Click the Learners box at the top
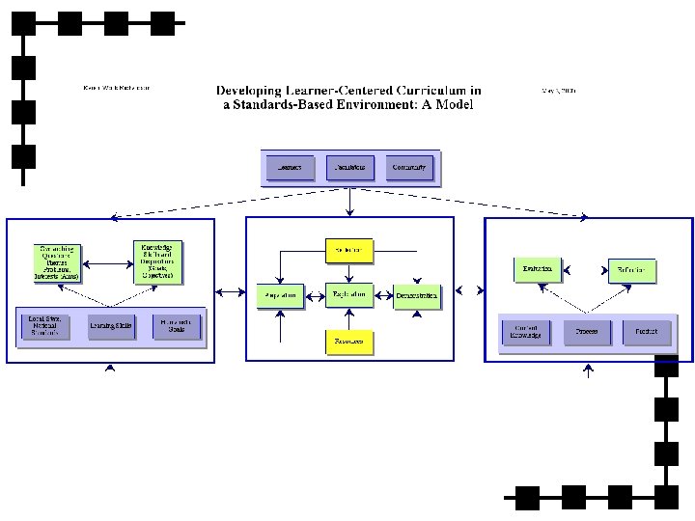coord(291,168)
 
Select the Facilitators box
coord(349,168)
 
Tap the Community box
coord(409,168)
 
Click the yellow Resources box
coord(348,342)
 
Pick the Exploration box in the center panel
coord(348,293)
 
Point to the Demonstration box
coord(416,294)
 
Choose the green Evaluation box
coord(538,269)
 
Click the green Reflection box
coord(631,269)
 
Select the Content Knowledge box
coord(526,333)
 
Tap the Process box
coord(587,333)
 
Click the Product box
coord(646,333)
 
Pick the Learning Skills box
coord(112,327)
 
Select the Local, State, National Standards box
coord(45,326)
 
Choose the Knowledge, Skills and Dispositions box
coord(157,261)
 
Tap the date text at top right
coord(559,89)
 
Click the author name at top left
coord(117,88)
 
